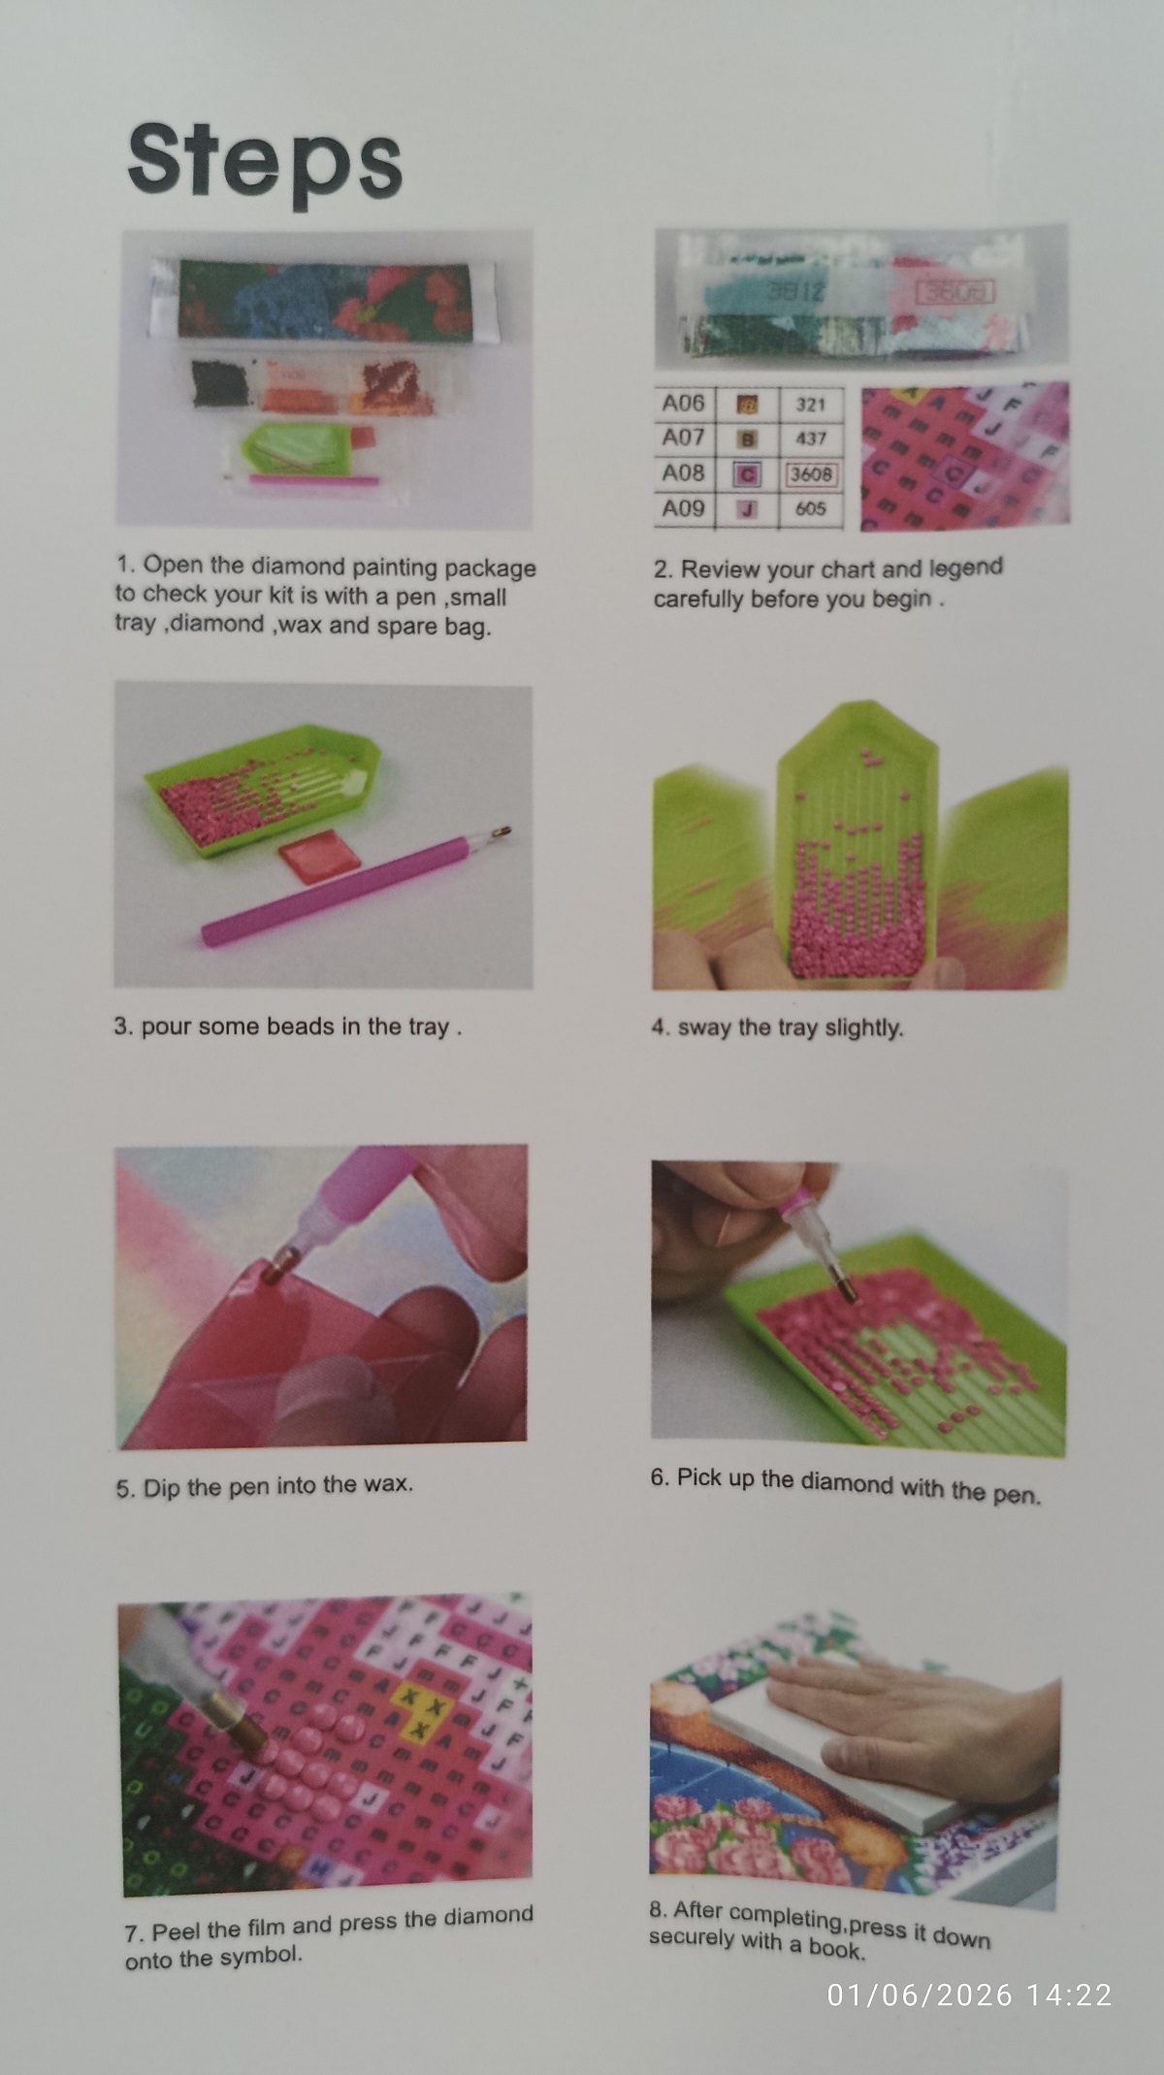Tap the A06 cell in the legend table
pos(684,404)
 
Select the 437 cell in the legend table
pos(811,438)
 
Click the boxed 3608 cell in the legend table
pos(811,474)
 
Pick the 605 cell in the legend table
pos(811,509)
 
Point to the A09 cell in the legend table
pos(684,509)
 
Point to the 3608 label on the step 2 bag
pos(954,290)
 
